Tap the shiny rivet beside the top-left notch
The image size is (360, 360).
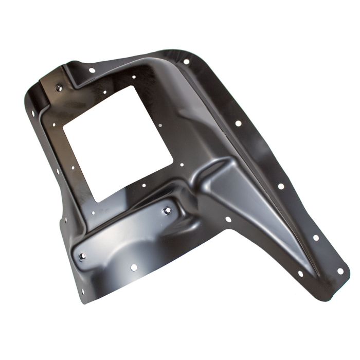coord(59,88)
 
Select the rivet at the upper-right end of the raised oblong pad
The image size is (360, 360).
coord(167,210)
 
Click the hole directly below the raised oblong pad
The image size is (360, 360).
coord(134,267)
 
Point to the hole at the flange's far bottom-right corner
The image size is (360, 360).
coord(339,271)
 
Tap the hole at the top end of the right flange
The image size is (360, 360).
coord(186,61)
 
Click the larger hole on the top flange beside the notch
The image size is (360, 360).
coord(92,70)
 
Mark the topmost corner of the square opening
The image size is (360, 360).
coord(135,86)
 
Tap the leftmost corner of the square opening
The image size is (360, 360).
coord(63,124)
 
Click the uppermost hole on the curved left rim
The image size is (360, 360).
coord(33,113)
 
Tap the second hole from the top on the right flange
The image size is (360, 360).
coord(238,123)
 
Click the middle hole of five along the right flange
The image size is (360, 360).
coord(280,186)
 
